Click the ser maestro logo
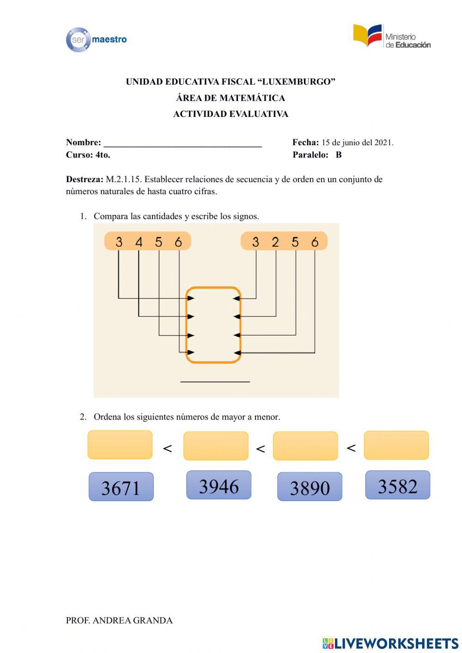pos(96,40)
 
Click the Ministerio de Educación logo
pos(392,37)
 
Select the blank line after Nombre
pos(182,143)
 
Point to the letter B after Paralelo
pos(339,155)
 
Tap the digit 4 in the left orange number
pos(139,242)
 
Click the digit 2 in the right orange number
pos(275,242)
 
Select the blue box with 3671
pos(121,487)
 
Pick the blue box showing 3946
pos(219,485)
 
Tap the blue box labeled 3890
pos(310,487)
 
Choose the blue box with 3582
pos(397,485)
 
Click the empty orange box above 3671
pos(120,445)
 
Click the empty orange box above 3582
pos(396,445)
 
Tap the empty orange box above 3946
pos(216,446)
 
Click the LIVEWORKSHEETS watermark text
pos(396,643)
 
